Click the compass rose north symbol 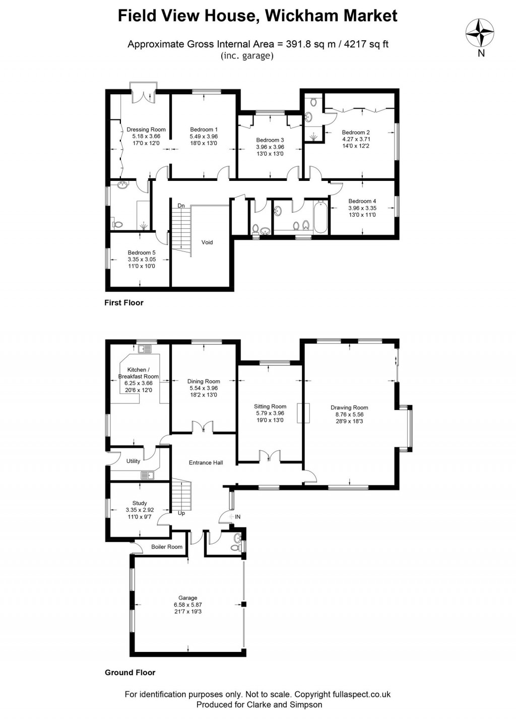480,33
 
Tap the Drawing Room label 349,408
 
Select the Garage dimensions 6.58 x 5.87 187,605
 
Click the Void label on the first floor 207,242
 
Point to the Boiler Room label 167,547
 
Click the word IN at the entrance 237,517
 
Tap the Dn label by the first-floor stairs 181,206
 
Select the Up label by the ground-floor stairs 181,513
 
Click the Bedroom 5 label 142,252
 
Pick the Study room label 140,503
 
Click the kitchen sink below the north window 146,348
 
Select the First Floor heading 124,303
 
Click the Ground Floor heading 130,672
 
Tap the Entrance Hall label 206,463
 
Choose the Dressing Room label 146,129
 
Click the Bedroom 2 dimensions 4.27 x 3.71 356,139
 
